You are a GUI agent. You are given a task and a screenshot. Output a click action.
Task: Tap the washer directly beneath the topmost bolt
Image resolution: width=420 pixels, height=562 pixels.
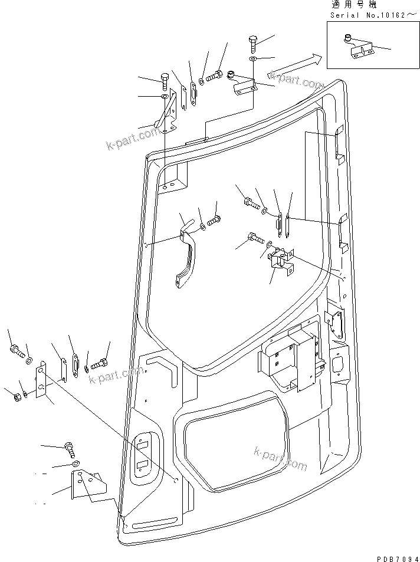point(252,60)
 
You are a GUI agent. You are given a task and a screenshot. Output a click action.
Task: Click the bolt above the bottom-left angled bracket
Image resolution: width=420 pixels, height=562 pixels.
point(70,451)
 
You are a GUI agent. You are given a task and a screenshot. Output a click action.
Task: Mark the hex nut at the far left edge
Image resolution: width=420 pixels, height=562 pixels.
point(14,396)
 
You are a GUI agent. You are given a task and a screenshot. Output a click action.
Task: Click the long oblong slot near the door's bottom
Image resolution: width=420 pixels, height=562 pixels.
point(155,522)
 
